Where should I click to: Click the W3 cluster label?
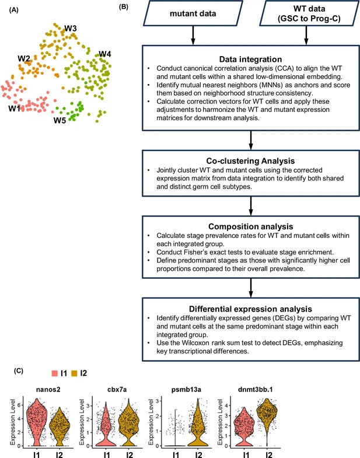pos(71,29)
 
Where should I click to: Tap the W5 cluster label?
pos(60,121)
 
